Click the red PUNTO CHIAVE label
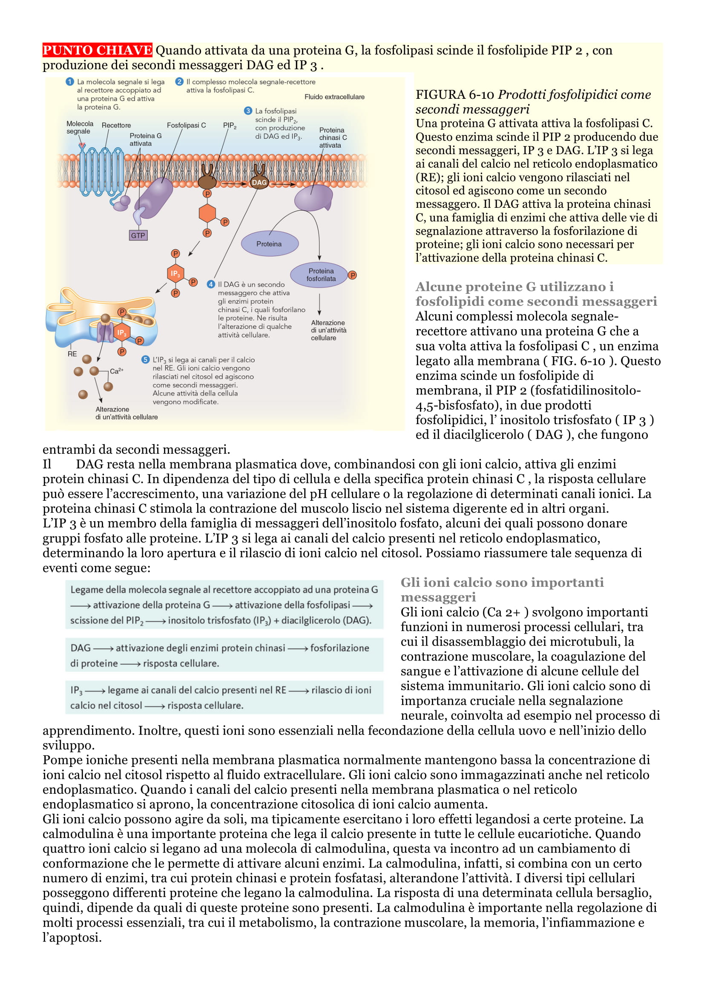point(97,50)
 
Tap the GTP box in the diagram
point(138,235)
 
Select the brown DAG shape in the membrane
point(259,182)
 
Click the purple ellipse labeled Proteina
point(269,244)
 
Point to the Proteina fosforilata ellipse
point(321,275)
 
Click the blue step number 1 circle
point(70,82)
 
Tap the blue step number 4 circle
point(211,284)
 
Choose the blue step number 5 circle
point(146,360)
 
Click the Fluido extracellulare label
point(334,97)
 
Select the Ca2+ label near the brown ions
point(116,371)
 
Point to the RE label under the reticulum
point(72,354)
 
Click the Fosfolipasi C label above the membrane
point(186,125)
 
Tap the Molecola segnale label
point(79,128)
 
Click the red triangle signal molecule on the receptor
point(82,145)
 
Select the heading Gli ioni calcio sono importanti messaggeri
point(502,589)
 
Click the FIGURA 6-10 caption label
point(454,95)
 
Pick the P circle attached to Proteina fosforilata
point(352,275)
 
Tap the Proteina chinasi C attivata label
point(333,138)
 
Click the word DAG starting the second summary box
point(80,648)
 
